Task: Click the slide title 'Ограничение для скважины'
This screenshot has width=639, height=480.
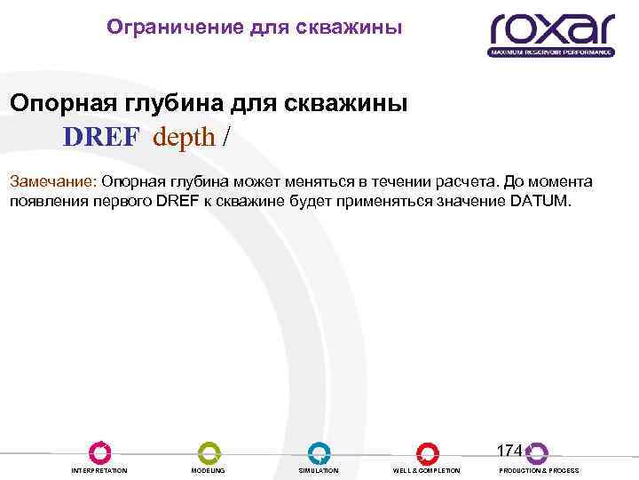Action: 254,28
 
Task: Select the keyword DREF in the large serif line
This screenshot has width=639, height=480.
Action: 100,137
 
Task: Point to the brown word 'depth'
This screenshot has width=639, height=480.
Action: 184,137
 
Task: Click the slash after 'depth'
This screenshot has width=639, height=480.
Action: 229,137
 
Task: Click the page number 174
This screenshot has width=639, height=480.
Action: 509,450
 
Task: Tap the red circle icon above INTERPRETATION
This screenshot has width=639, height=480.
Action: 99,452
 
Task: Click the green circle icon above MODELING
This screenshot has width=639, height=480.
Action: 209,452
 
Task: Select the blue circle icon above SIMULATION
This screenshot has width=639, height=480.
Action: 319,452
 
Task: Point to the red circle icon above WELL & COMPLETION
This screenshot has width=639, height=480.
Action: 427,452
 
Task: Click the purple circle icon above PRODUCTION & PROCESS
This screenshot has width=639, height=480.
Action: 537,452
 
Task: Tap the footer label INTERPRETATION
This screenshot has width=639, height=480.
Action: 99,470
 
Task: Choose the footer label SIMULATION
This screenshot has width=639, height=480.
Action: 319,470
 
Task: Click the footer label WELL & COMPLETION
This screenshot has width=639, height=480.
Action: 427,470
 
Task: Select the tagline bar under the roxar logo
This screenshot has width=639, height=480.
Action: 551,52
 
